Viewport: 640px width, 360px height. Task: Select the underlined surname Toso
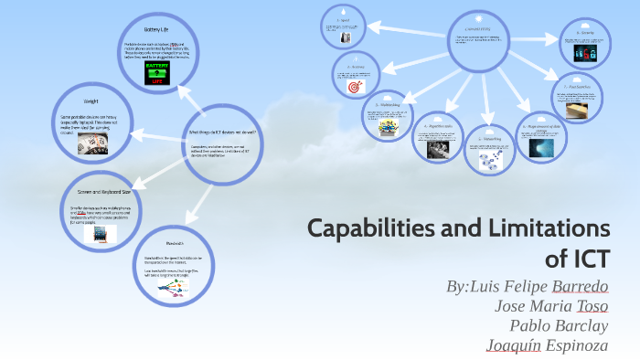click(592, 305)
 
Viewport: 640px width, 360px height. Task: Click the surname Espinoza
click(577, 344)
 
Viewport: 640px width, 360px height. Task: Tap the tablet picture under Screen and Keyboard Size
click(100, 234)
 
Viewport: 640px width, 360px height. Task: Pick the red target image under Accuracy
click(355, 88)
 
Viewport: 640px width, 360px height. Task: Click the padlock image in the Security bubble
click(582, 55)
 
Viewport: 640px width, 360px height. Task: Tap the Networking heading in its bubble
click(484, 142)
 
